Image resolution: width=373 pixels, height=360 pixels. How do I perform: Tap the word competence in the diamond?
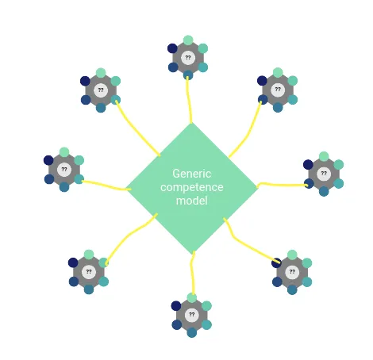(192, 187)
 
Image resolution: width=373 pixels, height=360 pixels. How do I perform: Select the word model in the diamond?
(192, 201)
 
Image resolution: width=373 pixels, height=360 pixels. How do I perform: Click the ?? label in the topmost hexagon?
(188, 57)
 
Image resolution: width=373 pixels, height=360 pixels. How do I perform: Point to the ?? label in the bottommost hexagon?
(192, 314)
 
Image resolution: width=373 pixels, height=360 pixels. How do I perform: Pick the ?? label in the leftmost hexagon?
(64, 169)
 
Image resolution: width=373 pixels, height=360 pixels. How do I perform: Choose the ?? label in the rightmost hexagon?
(324, 173)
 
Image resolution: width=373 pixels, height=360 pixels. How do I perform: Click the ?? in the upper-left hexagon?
(101, 90)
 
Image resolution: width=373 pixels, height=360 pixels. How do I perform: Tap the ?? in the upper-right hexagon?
(278, 89)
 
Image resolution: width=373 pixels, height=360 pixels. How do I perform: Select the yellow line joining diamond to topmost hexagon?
(189, 100)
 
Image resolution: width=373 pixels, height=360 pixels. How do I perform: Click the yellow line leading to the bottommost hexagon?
(193, 272)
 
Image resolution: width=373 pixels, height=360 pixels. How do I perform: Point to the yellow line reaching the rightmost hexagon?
(282, 185)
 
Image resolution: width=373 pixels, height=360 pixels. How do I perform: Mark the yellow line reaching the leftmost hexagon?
(106, 186)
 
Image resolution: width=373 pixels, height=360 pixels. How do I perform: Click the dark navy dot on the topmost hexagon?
(172, 48)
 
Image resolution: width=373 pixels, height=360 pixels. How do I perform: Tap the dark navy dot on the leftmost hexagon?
(48, 160)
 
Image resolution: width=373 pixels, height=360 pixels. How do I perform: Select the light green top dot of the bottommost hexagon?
(192, 297)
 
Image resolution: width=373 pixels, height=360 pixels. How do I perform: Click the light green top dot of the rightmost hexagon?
(324, 156)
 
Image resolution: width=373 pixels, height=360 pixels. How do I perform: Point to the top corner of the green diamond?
(192, 123)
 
